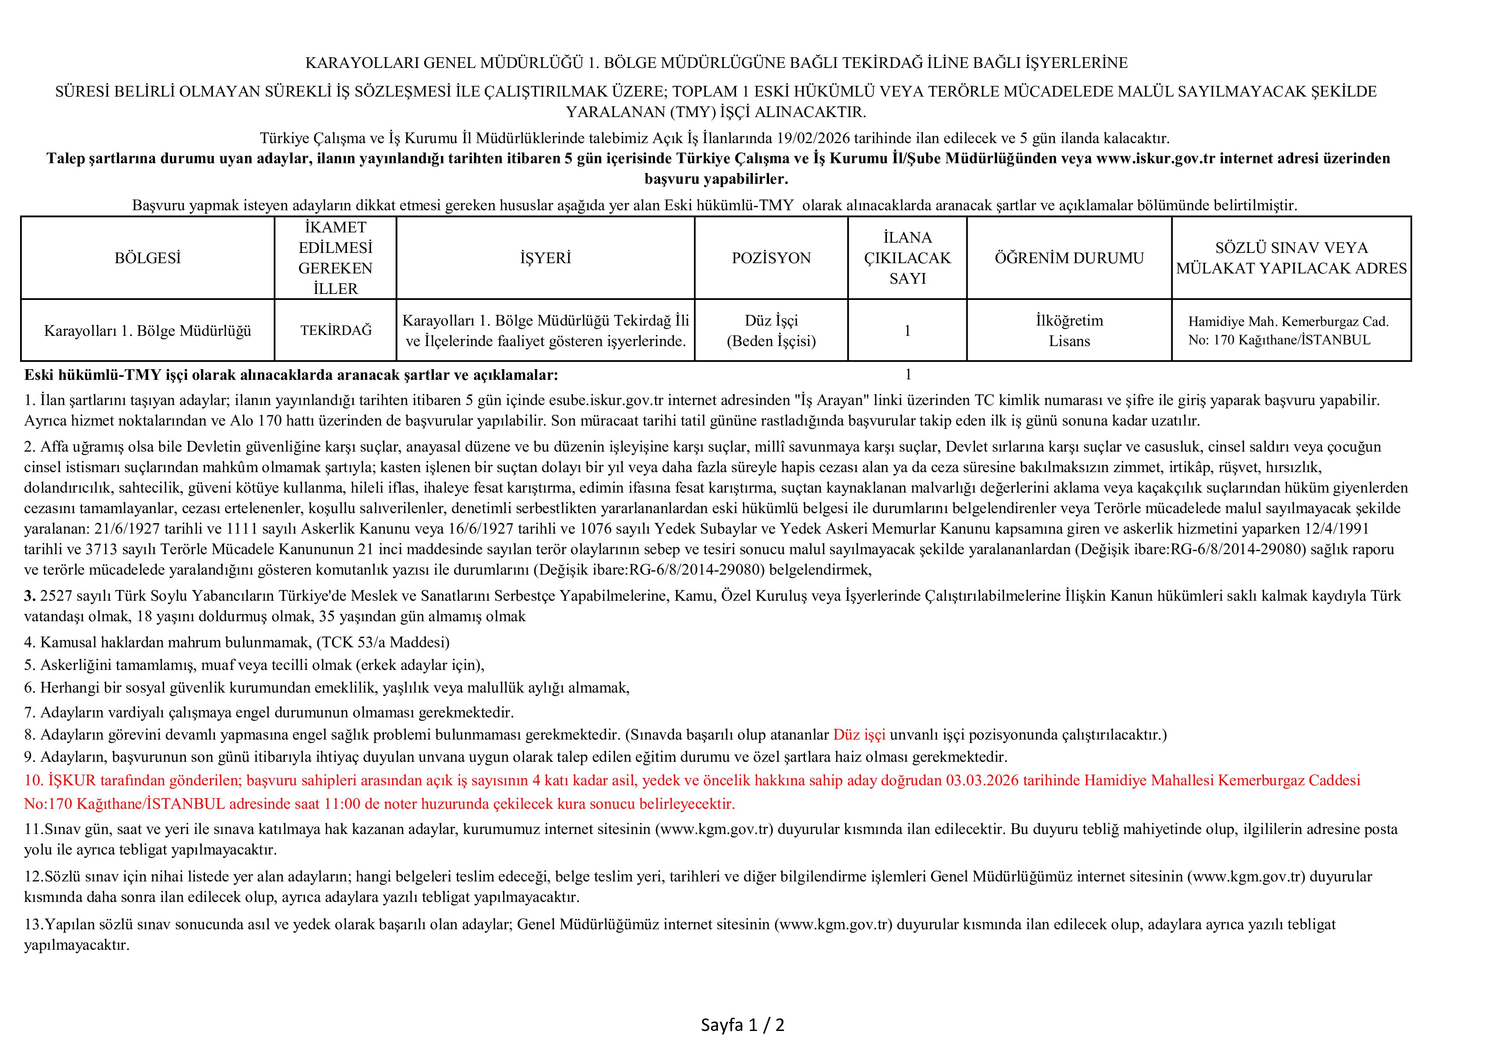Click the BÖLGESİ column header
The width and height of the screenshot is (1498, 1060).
147,258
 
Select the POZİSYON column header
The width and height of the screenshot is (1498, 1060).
771,258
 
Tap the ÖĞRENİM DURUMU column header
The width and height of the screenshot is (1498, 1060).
1069,258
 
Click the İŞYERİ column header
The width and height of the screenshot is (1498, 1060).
545,258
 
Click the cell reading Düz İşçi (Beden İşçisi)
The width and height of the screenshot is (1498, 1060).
771,330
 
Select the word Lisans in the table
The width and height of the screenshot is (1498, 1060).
1069,341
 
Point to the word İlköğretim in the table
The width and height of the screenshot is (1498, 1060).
1069,320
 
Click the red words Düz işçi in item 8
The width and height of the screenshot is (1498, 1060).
859,734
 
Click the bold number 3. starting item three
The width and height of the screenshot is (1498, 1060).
30,596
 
